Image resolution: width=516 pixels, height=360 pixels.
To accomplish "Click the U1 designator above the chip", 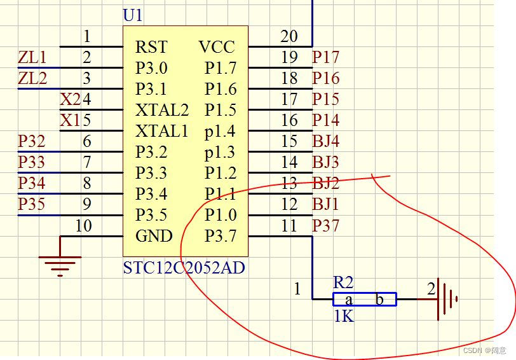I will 133,16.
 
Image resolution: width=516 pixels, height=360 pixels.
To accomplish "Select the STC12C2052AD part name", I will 184,268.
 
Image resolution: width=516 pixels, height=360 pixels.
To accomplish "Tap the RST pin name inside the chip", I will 151,47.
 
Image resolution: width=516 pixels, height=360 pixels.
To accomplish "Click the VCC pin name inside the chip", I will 217,47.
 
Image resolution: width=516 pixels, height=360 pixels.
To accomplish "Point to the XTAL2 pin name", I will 162,110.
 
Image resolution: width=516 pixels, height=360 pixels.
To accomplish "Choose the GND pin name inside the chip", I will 154,236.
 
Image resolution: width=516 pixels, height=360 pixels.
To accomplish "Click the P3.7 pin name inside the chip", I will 220,236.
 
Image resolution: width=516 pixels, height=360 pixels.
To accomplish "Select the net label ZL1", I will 32,58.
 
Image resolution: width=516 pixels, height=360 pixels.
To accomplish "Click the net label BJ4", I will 325,141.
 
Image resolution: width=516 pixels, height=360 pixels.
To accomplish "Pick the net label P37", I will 325,225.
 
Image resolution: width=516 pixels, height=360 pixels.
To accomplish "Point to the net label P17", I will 325,57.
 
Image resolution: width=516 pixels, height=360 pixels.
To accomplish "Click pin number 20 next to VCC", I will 289,37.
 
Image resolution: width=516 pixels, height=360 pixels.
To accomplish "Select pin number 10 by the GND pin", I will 83,226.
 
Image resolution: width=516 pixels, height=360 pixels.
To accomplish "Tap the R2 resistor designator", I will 343,283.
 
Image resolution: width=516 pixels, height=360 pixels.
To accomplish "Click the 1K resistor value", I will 344,315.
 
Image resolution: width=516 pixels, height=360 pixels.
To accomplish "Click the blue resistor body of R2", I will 364,300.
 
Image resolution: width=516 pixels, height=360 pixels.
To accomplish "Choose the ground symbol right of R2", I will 447,298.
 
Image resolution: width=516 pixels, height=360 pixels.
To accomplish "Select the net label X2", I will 70,100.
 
